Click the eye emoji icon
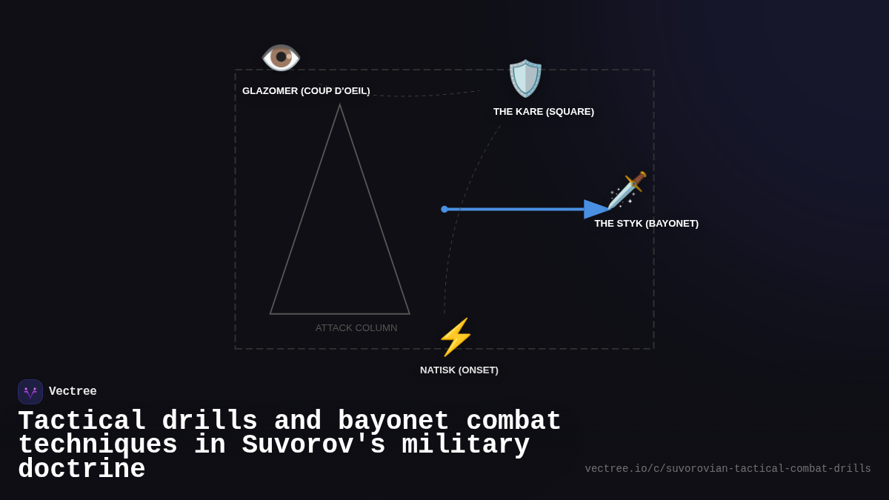[281, 57]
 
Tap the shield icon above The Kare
[525, 79]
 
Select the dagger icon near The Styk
[627, 190]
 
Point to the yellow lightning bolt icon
[455, 337]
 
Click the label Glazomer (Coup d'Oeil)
[306, 91]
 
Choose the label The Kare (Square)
[544, 112]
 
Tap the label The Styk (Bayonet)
[646, 224]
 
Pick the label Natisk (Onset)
[459, 370]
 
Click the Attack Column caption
[356, 328]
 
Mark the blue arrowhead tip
[609, 210]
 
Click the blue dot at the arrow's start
[444, 210]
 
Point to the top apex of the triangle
[340, 105]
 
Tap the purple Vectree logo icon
[30, 392]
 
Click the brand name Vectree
[73, 392]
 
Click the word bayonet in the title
[393, 421]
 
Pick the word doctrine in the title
[81, 470]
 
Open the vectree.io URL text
[727, 469]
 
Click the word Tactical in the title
[81, 421]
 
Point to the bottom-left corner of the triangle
[270, 314]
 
